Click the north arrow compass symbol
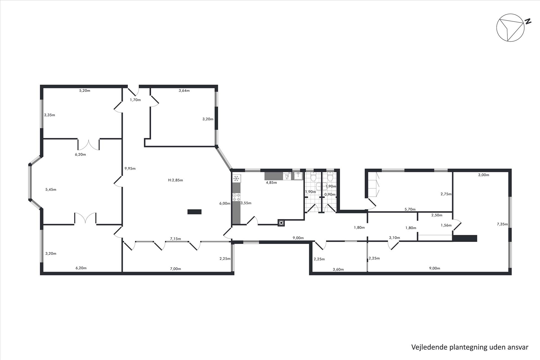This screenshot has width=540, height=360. (510, 28)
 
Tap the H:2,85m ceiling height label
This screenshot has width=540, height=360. (175, 180)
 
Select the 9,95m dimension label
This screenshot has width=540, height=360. (130, 168)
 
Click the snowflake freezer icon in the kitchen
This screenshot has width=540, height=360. (236, 178)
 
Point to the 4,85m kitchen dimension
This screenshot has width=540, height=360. (271, 182)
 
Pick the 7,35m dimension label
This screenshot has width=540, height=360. (502, 224)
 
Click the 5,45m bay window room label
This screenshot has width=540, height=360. (51, 190)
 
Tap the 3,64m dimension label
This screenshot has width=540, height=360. (184, 91)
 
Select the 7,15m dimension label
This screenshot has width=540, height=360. (175, 239)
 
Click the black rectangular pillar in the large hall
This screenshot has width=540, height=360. (195, 212)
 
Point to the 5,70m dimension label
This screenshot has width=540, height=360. (410, 209)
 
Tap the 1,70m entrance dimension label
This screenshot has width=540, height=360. (135, 100)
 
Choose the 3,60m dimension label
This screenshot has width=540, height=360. (338, 269)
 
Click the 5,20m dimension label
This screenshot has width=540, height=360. (85, 91)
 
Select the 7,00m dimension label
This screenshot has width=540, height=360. (175, 269)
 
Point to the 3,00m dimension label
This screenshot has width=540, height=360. (484, 175)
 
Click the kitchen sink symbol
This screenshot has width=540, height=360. (298, 176)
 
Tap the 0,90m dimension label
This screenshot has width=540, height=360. (330, 194)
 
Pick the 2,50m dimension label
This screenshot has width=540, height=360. (437, 215)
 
